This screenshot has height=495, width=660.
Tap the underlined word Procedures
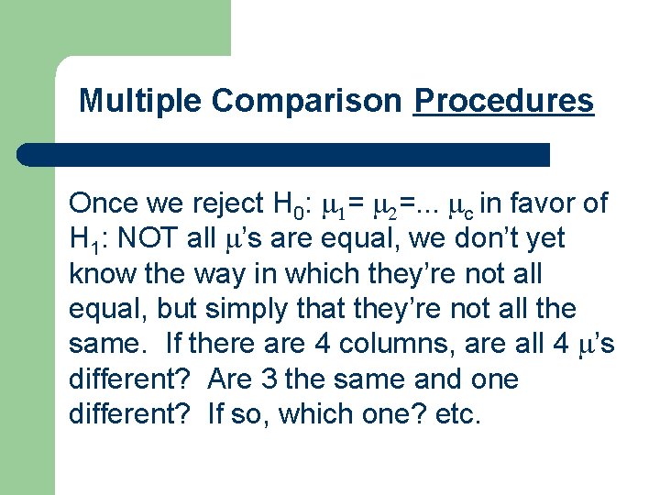[x=503, y=101]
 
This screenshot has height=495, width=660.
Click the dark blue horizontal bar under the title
[x=284, y=154]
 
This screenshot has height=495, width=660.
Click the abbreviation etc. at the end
[x=459, y=414]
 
